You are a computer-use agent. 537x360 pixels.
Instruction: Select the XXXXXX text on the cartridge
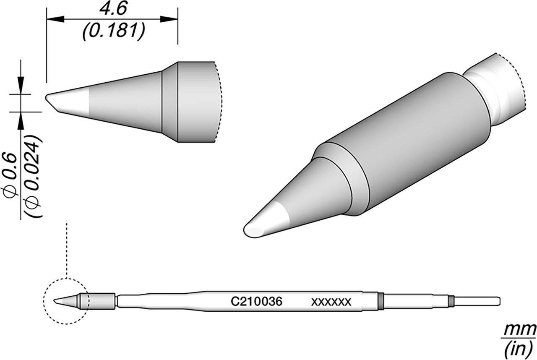point(331,302)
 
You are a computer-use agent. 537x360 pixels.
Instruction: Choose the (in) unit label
point(519,348)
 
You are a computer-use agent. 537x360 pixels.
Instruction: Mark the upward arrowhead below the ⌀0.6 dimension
point(20,120)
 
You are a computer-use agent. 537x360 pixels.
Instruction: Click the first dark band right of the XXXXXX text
point(381,302)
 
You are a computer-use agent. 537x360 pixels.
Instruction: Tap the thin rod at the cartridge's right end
point(476,301)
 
